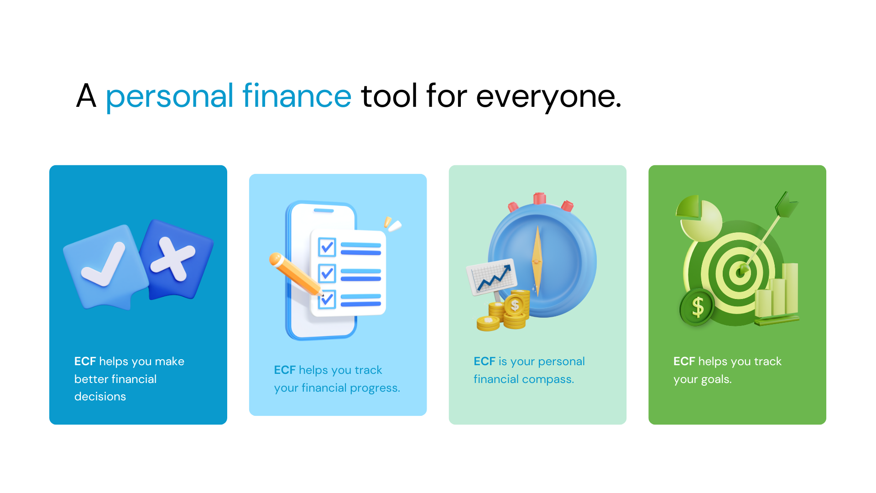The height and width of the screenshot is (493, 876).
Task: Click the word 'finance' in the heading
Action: click(x=297, y=96)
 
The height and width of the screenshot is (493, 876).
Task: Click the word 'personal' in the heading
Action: click(x=170, y=98)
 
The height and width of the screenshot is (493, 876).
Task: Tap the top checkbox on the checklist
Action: click(x=327, y=247)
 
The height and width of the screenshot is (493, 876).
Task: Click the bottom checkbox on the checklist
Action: click(x=327, y=299)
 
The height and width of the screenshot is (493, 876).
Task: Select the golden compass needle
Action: click(x=537, y=261)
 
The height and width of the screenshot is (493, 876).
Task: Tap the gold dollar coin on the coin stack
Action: click(x=515, y=305)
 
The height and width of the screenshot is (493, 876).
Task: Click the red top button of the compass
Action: click(x=540, y=198)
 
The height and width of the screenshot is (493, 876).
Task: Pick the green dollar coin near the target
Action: click(x=697, y=307)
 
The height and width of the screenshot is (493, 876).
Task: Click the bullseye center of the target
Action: click(x=740, y=273)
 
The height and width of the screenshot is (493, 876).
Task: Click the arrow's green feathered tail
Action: click(x=786, y=204)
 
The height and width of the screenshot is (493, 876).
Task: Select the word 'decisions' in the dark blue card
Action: click(x=100, y=397)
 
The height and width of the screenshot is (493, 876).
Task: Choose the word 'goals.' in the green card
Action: click(x=716, y=380)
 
